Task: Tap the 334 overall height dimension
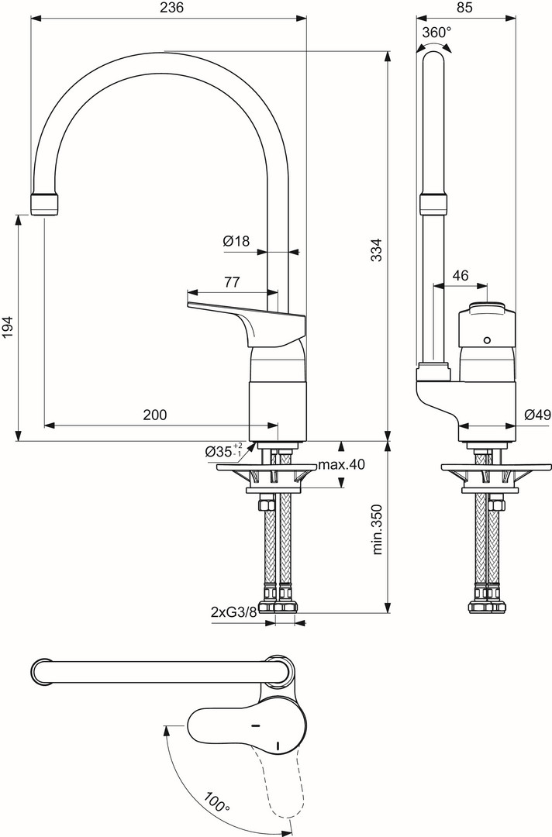[x=377, y=250]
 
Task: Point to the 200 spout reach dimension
[x=155, y=414]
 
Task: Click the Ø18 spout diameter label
[x=236, y=241]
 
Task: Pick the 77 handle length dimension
[x=232, y=282]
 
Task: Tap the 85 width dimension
[x=465, y=8]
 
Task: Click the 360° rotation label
[x=436, y=33]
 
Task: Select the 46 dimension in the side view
[x=461, y=275]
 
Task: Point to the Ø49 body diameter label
[x=536, y=415]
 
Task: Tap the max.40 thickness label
[x=342, y=464]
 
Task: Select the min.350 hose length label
[x=378, y=529]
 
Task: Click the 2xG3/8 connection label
[x=234, y=612]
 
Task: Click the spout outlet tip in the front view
[x=43, y=204]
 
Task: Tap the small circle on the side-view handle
[x=486, y=340]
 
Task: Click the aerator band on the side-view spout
[x=433, y=204]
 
